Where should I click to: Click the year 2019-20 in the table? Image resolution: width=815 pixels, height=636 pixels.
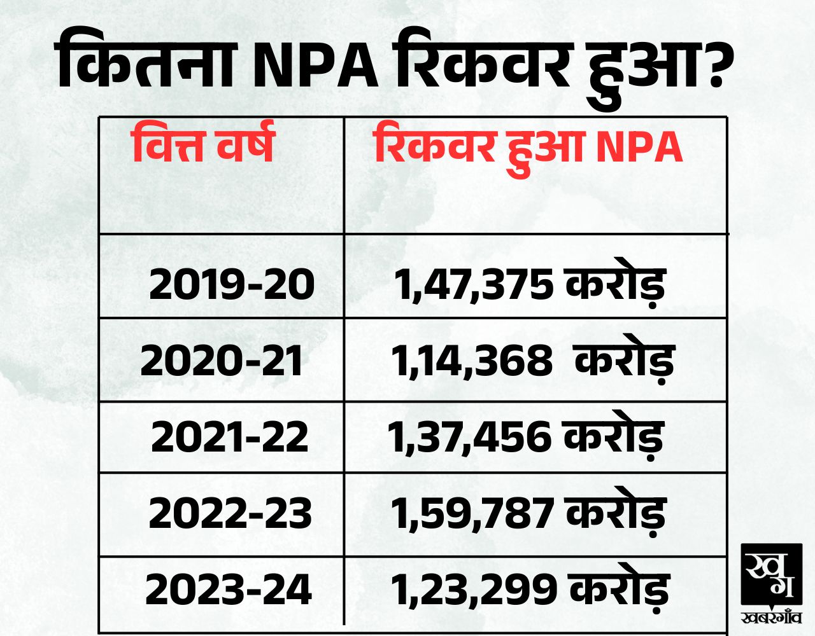[232, 284]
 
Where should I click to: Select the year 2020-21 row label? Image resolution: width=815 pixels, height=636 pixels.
[222, 361]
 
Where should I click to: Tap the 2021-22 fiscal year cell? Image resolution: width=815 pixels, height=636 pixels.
[229, 438]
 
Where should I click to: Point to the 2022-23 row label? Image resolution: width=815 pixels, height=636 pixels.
[230, 513]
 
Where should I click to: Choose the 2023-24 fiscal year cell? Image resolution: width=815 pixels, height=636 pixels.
[229, 590]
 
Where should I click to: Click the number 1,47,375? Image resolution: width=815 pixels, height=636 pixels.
[474, 285]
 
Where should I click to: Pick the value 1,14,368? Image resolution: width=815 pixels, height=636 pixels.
[471, 361]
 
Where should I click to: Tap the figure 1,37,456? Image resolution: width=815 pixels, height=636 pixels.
[469, 438]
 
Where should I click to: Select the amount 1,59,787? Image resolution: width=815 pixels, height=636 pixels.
[472, 514]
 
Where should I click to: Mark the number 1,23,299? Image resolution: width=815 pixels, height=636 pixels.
[472, 590]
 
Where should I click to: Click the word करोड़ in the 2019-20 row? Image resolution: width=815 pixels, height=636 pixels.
[614, 284]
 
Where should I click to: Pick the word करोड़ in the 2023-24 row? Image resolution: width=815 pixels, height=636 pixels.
[618, 590]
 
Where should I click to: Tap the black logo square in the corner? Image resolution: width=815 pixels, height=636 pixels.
[771, 575]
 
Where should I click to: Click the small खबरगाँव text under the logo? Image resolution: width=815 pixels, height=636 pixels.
[771, 617]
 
